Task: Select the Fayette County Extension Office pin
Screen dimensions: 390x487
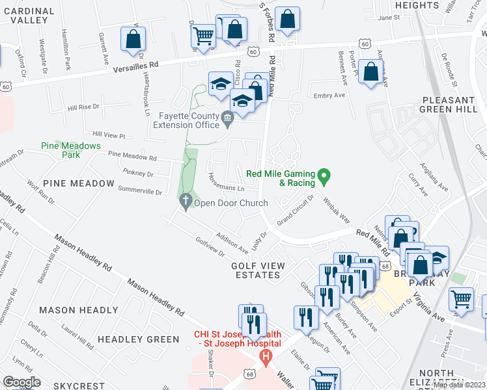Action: tap(227, 118)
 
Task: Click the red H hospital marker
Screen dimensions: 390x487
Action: tap(265, 356)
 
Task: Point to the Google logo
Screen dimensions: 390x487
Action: tap(22, 382)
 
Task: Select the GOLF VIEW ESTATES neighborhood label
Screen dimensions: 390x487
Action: tap(257, 270)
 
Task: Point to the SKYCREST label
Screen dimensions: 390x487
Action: tap(79, 385)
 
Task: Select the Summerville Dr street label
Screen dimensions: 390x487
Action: tap(139, 191)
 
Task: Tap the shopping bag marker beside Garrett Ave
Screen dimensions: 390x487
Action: tap(133, 38)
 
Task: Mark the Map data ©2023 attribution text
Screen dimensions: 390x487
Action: tap(459, 385)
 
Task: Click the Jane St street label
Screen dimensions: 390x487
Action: tap(387, 18)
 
